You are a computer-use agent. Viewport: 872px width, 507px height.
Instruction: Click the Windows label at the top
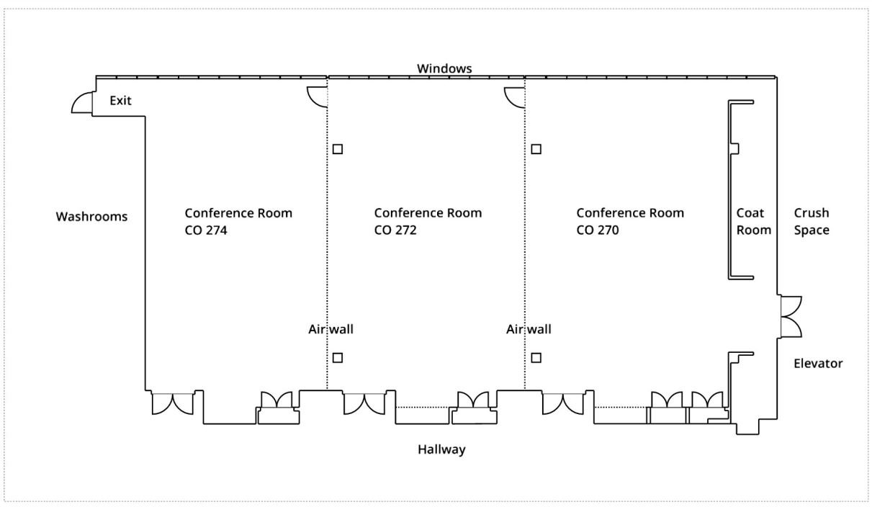pos(444,68)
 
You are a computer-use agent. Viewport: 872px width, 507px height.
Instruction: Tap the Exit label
pos(120,101)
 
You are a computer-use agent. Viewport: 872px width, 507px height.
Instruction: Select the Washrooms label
pos(91,216)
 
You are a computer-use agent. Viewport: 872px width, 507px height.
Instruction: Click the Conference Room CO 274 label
pos(238,222)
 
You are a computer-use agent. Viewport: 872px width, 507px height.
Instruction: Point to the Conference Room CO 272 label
pos(428,222)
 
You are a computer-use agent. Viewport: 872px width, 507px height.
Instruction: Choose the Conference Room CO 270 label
pos(630,222)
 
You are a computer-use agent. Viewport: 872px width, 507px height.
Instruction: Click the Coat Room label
pos(753,222)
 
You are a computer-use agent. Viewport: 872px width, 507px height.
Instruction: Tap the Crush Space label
pos(812,222)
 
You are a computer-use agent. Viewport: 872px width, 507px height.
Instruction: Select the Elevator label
pos(818,364)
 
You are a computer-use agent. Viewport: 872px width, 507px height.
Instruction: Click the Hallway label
pos(441,450)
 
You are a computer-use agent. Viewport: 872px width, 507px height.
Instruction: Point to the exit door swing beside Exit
pos(82,104)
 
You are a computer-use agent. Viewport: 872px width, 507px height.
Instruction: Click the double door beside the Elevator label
pos(791,316)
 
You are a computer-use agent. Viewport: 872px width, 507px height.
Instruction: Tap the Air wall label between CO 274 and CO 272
pos(331,330)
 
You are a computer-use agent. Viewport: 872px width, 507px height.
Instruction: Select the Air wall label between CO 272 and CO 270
pos(529,330)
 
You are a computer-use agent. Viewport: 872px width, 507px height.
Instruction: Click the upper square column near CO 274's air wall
pos(338,149)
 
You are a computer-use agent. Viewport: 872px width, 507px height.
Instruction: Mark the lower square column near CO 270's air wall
pos(536,357)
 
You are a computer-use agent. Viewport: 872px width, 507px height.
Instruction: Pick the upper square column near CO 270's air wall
pos(536,149)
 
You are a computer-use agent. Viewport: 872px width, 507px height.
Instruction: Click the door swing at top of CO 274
pos(318,96)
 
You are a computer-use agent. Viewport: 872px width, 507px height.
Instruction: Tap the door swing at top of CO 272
pos(514,96)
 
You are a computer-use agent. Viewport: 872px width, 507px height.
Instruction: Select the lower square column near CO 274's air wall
pos(338,357)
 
